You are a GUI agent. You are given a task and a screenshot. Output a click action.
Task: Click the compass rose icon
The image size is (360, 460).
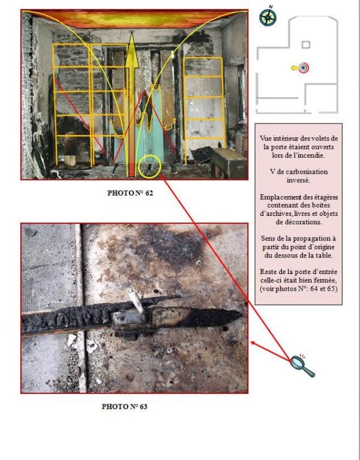[268, 17]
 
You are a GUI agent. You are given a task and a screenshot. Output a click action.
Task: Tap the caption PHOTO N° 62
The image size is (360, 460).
[130, 193]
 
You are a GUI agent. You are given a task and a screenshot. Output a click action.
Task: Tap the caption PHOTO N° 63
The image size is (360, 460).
[124, 407]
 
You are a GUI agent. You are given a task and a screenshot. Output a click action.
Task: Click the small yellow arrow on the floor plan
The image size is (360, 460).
[294, 68]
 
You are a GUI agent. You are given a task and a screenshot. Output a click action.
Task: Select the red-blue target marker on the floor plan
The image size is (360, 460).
[304, 68]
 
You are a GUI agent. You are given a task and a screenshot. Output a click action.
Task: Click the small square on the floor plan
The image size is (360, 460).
[306, 44]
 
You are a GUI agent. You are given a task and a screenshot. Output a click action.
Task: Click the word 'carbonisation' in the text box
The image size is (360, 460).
[307, 172]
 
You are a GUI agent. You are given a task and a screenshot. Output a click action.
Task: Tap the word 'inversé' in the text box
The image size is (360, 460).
[298, 180]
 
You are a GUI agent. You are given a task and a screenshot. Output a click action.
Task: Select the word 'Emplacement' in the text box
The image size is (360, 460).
[278, 197]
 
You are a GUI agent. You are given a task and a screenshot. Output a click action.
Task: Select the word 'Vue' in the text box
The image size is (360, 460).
[265, 139]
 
